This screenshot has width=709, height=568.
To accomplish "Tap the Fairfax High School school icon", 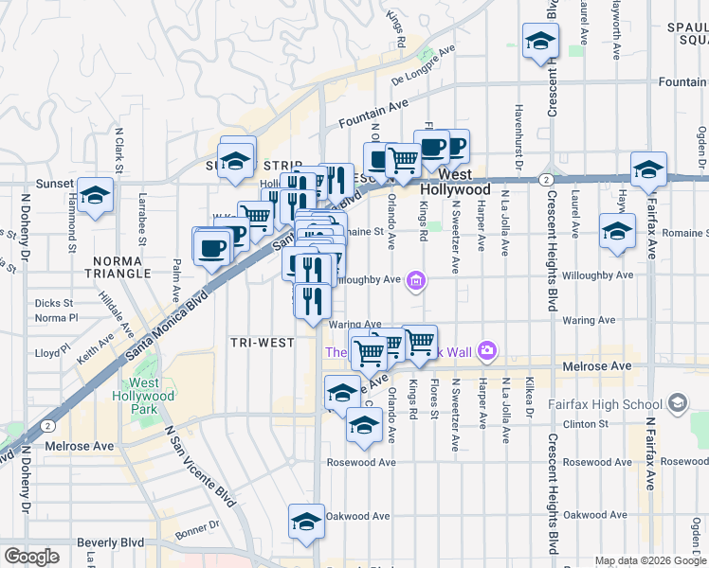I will point(677,404).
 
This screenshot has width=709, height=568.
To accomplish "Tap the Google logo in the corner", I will point(31,557).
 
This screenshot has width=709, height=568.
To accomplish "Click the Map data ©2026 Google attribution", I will point(650,560).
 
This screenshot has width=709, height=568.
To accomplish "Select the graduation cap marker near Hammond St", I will point(95,195).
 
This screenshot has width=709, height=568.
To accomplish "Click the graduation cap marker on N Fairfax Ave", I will point(648,170).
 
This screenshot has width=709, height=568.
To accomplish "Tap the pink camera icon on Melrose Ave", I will point(487,351).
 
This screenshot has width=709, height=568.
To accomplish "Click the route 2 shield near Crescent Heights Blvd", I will point(546,179).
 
